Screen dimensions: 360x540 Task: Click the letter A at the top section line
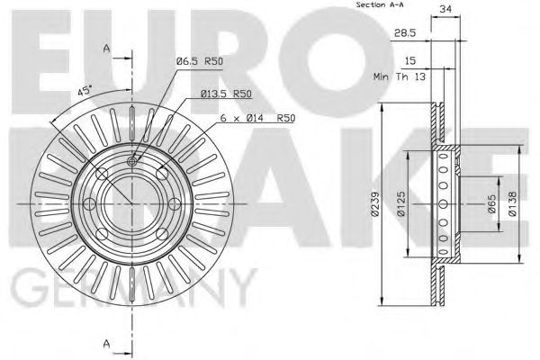[107, 47]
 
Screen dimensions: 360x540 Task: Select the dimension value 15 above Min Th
[409, 60]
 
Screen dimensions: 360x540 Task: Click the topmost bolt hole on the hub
[131, 161]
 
